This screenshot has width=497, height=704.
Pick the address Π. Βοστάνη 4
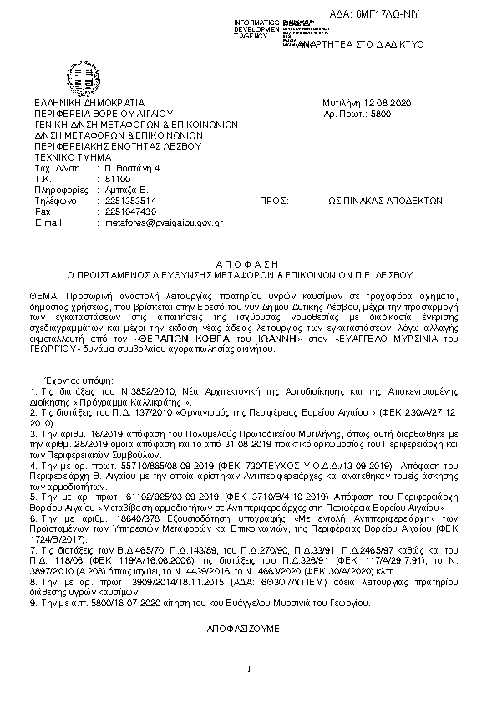(132, 168)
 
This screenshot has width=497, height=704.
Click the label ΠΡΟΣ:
(274, 202)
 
